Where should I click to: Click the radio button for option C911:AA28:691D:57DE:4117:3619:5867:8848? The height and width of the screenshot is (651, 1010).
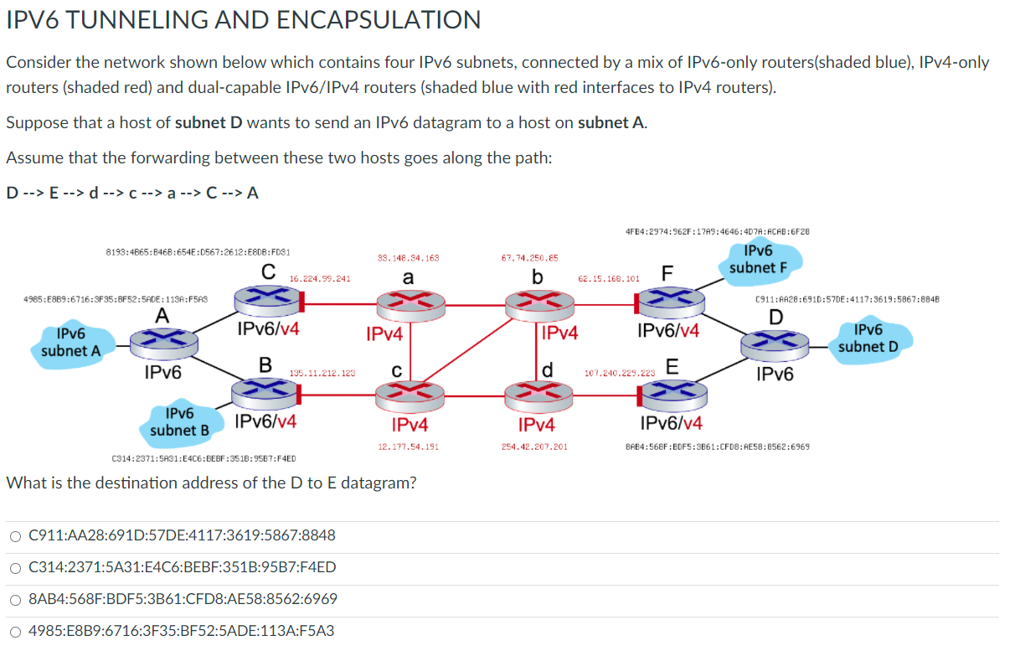pos(15,535)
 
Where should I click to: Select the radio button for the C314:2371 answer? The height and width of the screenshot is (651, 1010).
pos(15,567)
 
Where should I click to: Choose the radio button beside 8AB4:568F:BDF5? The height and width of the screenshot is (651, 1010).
pos(15,599)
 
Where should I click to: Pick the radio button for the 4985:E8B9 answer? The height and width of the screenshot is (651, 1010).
pos(15,631)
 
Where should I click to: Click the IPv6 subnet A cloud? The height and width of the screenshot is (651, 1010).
pos(71,344)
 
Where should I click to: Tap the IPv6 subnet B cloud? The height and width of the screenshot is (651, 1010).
pos(179,421)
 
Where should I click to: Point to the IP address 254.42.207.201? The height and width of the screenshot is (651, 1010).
pos(534,447)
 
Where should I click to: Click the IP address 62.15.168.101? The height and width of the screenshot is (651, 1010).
pos(609,278)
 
